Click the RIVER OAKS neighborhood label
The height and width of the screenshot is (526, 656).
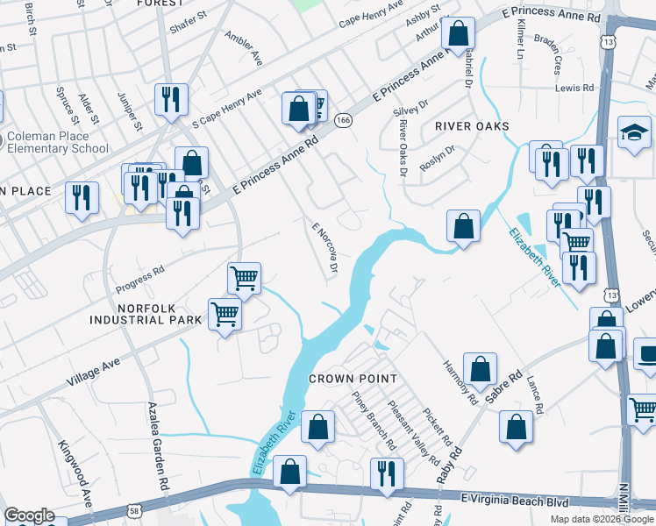[472, 126]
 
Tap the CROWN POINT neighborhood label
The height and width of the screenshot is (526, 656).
[353, 379]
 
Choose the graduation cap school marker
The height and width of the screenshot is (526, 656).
[634, 132]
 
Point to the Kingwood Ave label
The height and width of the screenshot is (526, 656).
[75, 479]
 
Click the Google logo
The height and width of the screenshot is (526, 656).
[28, 515]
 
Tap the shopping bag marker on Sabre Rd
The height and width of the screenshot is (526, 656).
[480, 369]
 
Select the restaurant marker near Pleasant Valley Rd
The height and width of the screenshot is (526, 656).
[387, 474]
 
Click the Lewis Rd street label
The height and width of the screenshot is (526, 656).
[574, 89]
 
